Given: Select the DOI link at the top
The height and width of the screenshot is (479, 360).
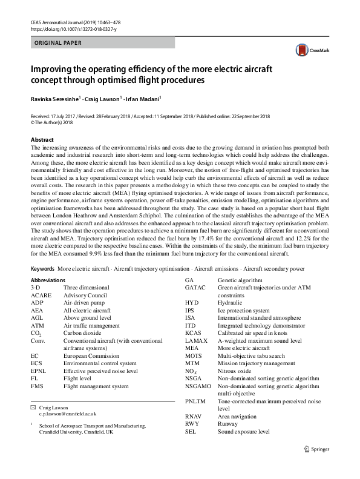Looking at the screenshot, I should click(x=68, y=28).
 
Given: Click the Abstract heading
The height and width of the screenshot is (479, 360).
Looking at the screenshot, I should click(x=42, y=139).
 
